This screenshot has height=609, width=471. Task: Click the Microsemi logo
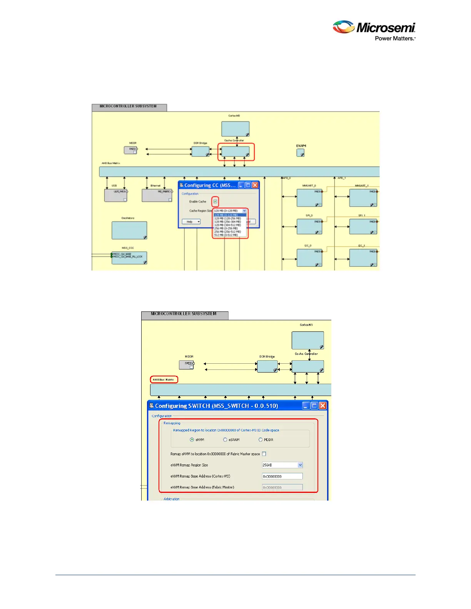point(374,30)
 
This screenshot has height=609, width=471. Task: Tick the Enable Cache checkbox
point(215,201)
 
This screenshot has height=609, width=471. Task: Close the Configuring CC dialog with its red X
point(255,185)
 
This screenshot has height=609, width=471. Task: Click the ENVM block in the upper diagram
point(301,153)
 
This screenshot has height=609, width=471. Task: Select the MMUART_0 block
point(309,198)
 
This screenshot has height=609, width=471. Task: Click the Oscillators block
point(129,230)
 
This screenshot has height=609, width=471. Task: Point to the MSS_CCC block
point(129,258)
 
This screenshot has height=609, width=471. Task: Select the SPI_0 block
point(309,226)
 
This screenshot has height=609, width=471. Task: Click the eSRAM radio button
point(225,440)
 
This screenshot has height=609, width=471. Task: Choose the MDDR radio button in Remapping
point(261,440)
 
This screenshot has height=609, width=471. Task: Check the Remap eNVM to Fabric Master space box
point(264,454)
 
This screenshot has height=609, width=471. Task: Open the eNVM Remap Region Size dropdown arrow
point(300,465)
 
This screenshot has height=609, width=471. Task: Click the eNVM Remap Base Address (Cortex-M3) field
point(282,476)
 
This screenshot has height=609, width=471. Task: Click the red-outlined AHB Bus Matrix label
point(164,380)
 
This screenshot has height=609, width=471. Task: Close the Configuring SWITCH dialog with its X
point(322,406)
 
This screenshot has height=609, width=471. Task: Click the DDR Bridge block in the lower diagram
point(267,366)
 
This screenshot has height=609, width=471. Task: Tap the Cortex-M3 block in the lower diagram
point(307,340)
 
